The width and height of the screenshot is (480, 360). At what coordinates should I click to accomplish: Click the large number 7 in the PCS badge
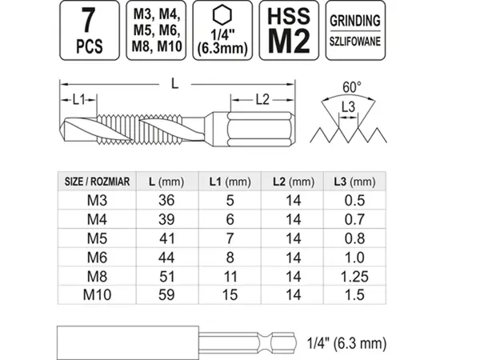pyautogui.click(x=89, y=20)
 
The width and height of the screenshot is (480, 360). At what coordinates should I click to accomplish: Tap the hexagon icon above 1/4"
pyautogui.click(x=222, y=15)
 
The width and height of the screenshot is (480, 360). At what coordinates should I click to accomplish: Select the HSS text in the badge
pyautogui.click(x=289, y=16)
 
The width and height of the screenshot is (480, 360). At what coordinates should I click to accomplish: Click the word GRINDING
pyautogui.click(x=355, y=21)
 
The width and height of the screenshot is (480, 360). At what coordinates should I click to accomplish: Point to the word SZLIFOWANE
pyautogui.click(x=355, y=42)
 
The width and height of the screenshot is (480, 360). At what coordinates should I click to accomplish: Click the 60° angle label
pyautogui.click(x=352, y=87)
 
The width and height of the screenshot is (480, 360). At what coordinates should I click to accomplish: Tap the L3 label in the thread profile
pyautogui.click(x=348, y=107)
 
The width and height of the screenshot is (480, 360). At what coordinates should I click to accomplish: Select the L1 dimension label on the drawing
pyautogui.click(x=78, y=99)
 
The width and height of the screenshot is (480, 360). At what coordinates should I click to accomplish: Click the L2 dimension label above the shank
pyautogui.click(x=262, y=99)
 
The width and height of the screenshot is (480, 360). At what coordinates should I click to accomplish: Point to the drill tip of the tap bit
pyautogui.click(x=62, y=130)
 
